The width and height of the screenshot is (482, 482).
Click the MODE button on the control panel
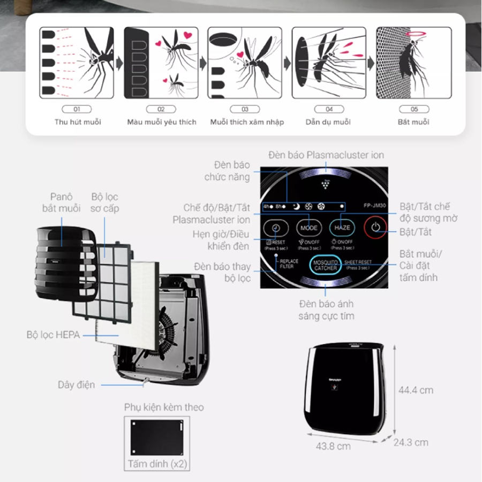[x=308, y=228]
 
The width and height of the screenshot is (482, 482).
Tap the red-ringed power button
[x=376, y=228]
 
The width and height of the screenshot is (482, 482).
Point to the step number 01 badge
[x=77, y=109]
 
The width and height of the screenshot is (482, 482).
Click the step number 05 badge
[x=413, y=109]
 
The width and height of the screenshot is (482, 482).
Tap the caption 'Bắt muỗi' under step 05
[x=413, y=122]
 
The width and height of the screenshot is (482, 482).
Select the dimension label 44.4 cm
[x=416, y=390]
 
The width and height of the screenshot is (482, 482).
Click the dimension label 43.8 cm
[x=333, y=446]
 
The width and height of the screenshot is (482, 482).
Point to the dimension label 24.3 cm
[x=411, y=442]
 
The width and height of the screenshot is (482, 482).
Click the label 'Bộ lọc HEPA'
[x=53, y=335]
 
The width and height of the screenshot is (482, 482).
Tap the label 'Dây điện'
[x=77, y=385]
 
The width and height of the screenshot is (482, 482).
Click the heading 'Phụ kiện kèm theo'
[x=164, y=408]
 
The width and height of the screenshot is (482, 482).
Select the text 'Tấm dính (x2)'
[x=157, y=464]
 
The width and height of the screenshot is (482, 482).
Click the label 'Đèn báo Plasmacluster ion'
[x=326, y=155]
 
